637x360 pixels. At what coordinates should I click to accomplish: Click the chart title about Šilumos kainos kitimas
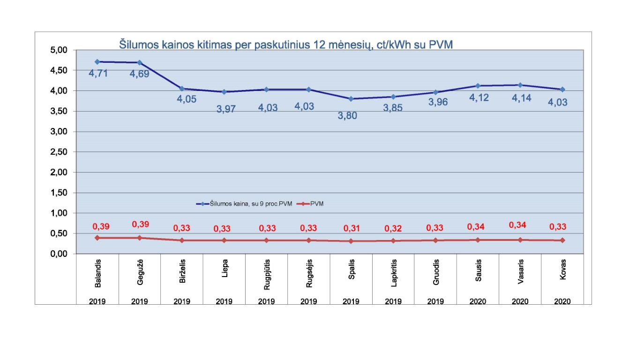pyautogui.click(x=288, y=44)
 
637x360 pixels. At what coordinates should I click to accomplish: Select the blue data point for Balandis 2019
pyautogui.click(x=97, y=61)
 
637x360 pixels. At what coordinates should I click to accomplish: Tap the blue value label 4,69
pyautogui.click(x=140, y=74)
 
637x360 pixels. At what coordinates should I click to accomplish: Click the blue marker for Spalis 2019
pyautogui.click(x=351, y=98)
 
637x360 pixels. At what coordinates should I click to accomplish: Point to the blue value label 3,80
pyautogui.click(x=347, y=116)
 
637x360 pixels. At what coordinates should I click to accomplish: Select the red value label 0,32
pyautogui.click(x=393, y=228)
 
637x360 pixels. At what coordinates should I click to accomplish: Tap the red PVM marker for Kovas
pyautogui.click(x=562, y=240)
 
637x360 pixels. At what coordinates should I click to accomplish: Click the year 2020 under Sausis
pyautogui.click(x=478, y=301)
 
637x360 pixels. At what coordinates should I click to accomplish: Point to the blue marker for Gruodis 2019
pyautogui.click(x=435, y=92)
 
